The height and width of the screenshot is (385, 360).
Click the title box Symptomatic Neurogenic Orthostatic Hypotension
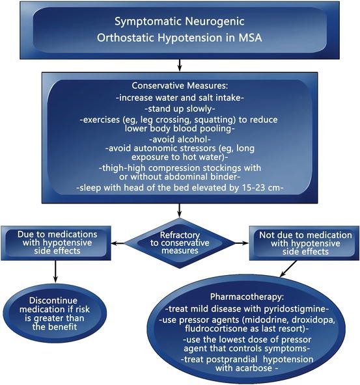tap(179, 30)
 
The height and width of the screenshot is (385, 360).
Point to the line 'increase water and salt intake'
tap(180, 98)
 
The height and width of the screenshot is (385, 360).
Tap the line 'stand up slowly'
tap(180, 108)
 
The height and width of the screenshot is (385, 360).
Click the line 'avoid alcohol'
tap(180, 139)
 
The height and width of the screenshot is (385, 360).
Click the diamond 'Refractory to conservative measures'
tap(179, 243)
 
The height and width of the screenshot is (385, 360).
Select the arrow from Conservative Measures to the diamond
tap(179, 210)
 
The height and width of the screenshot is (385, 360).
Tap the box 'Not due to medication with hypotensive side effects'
tap(305, 242)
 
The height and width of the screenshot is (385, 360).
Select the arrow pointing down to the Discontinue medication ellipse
tap(54, 271)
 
